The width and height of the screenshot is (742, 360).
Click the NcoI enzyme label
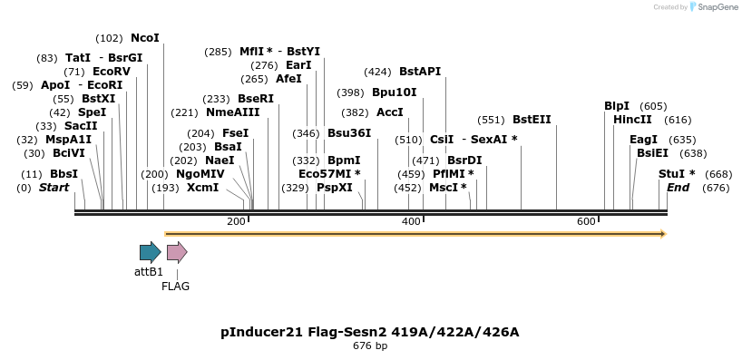pos(145,38)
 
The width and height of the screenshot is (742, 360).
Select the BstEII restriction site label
pos(532,119)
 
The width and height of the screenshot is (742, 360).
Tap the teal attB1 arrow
pos(150,252)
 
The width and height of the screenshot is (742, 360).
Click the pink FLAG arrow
pos(177,252)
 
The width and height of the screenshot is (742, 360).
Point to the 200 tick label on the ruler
pos(236,221)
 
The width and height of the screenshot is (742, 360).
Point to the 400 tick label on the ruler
pos(411,221)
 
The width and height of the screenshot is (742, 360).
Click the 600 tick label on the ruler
pos(586,221)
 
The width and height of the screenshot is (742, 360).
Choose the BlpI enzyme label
pos(617,105)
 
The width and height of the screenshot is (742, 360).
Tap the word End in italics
pos(678,187)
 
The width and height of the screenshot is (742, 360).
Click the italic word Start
pos(54,187)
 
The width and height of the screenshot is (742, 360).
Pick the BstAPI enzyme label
pos(420,72)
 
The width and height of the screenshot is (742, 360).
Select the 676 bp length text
pos(370,345)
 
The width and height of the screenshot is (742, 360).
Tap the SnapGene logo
pos(713,7)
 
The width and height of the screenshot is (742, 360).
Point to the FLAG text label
pos(176,286)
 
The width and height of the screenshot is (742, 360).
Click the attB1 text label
pos(149,271)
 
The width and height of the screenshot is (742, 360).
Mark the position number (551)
pos(491,119)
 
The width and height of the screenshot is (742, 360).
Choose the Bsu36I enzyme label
pos(349,132)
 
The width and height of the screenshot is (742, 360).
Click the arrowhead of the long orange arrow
pos(663,234)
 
